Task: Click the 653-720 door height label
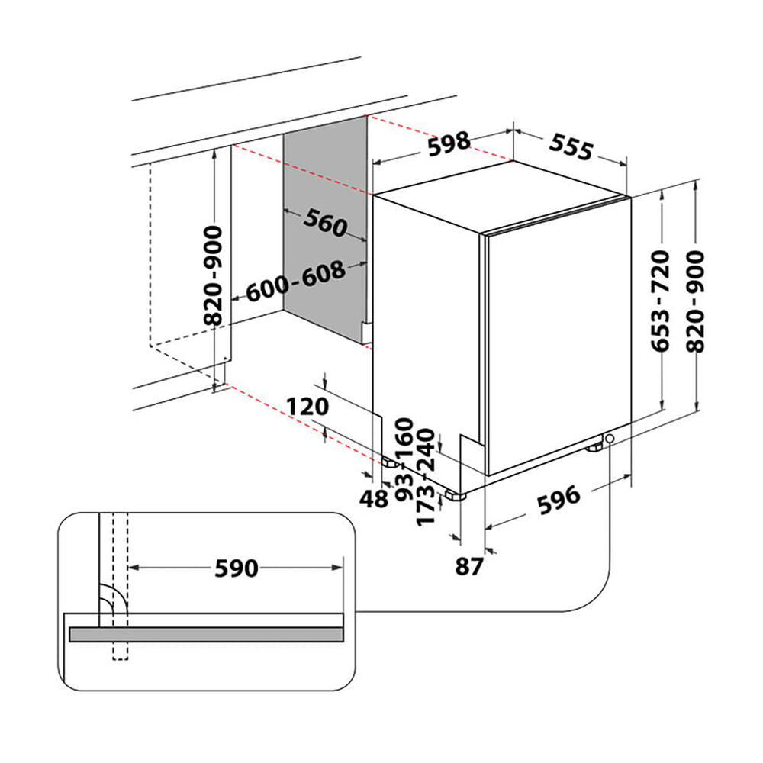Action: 661,301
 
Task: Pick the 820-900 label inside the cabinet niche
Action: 216,275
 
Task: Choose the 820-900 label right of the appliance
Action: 697,301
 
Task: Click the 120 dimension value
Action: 308,406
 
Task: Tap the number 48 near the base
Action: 375,500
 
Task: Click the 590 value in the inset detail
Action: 236,568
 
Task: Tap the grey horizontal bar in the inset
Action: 206,634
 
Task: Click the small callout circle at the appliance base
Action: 610,439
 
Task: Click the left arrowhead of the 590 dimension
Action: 131,567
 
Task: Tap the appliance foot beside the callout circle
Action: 594,447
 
